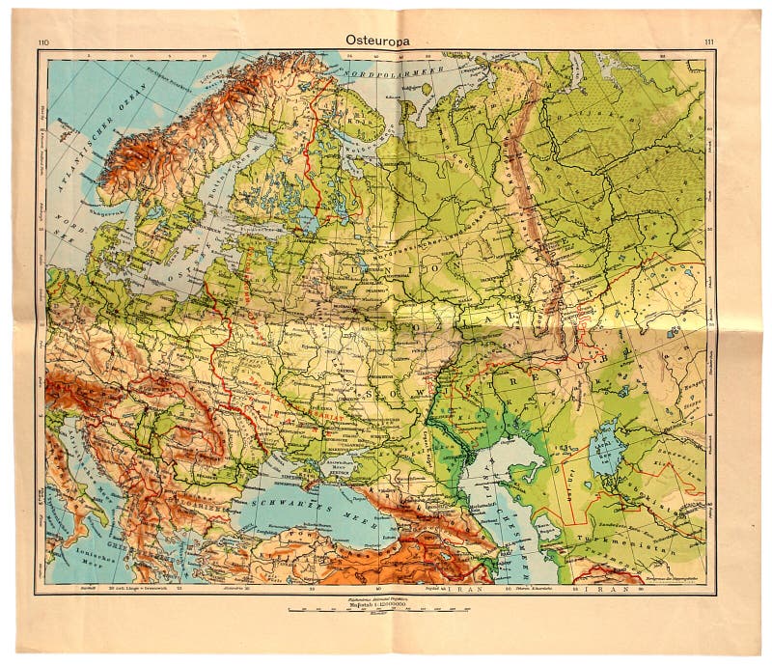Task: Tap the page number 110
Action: (42, 42)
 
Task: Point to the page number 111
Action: (709, 42)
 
